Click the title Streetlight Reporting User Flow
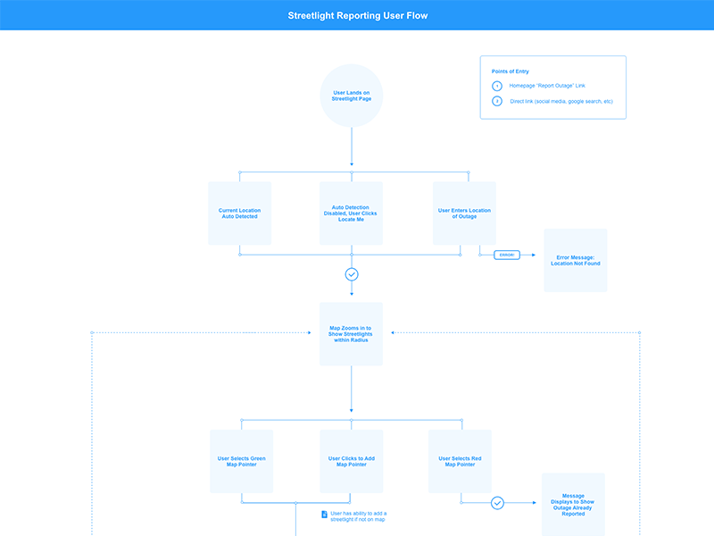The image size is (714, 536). (x=357, y=16)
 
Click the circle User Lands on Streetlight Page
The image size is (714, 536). (x=352, y=96)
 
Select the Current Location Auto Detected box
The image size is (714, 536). (x=239, y=214)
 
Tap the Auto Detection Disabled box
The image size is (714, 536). (x=352, y=214)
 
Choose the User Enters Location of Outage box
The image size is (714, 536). (x=464, y=214)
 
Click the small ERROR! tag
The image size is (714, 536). (x=506, y=255)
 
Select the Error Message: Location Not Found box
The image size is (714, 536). (x=576, y=260)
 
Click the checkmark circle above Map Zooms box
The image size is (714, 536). (x=352, y=274)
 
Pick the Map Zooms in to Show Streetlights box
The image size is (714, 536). (x=352, y=333)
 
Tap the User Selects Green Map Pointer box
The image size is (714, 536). (x=241, y=461)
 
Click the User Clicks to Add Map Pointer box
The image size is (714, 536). (x=352, y=461)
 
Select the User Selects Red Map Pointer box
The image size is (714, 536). (x=460, y=461)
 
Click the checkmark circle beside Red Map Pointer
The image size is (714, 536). (x=498, y=503)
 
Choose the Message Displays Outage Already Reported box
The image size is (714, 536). (x=573, y=506)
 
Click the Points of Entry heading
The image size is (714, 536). (x=511, y=71)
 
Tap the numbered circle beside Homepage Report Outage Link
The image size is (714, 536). (x=497, y=86)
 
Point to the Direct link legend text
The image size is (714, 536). (x=560, y=102)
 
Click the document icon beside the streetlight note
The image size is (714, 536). (x=324, y=515)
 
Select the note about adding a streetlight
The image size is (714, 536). (x=358, y=516)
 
